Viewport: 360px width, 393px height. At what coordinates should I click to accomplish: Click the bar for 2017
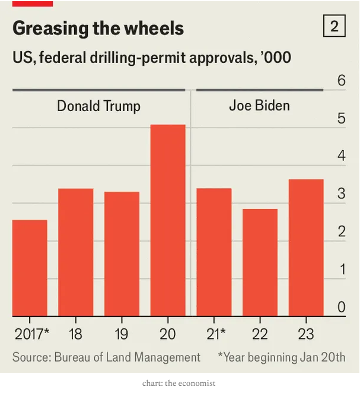(x=30, y=268)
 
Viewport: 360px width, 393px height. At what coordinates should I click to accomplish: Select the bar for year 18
(x=76, y=252)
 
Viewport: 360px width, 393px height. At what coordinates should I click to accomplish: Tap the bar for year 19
(x=122, y=254)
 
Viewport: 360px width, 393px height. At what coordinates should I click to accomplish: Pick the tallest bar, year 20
(x=168, y=220)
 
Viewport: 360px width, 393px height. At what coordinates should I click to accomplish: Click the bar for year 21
(x=214, y=252)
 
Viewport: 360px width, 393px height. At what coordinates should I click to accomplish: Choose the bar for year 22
(x=260, y=262)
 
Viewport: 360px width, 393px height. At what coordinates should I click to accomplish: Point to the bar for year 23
(x=306, y=248)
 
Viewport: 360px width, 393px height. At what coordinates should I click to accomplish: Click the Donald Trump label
(x=98, y=106)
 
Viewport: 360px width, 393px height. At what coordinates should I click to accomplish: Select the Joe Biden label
(x=259, y=106)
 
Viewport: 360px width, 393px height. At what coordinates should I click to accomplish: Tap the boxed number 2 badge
(x=334, y=27)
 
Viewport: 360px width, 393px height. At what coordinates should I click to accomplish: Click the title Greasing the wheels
(x=98, y=28)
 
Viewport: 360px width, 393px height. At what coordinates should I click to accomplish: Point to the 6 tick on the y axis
(x=342, y=81)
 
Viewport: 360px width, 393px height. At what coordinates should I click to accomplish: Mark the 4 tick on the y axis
(x=342, y=156)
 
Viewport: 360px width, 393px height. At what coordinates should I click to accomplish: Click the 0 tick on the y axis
(x=342, y=307)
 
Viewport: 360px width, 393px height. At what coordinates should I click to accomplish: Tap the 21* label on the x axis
(x=214, y=334)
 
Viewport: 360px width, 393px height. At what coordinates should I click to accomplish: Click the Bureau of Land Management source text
(x=106, y=357)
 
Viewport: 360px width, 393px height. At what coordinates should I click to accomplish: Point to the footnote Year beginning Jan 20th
(x=282, y=357)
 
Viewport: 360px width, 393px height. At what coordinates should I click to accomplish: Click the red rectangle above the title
(x=33, y=3)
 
